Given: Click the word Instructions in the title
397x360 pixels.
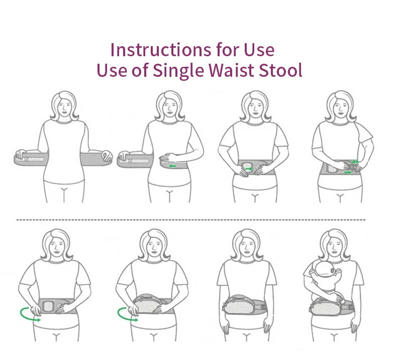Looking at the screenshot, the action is (x=161, y=50).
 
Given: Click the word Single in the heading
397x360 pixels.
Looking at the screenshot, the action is (x=178, y=71).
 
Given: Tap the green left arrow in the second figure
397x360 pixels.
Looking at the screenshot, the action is (x=172, y=166).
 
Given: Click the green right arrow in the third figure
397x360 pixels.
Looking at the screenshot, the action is (x=249, y=169).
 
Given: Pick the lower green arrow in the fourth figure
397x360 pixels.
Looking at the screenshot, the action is (x=348, y=172).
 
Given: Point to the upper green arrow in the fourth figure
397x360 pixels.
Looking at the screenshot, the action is (x=355, y=162).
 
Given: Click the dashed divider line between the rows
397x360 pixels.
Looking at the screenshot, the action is (x=191, y=220).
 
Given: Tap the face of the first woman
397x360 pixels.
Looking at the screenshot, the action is (x=64, y=106).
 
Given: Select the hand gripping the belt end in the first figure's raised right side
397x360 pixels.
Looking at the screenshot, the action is (x=107, y=156).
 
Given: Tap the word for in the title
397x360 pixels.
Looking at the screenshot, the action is (x=228, y=50).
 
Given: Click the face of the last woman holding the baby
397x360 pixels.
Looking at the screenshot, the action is (x=335, y=245).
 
